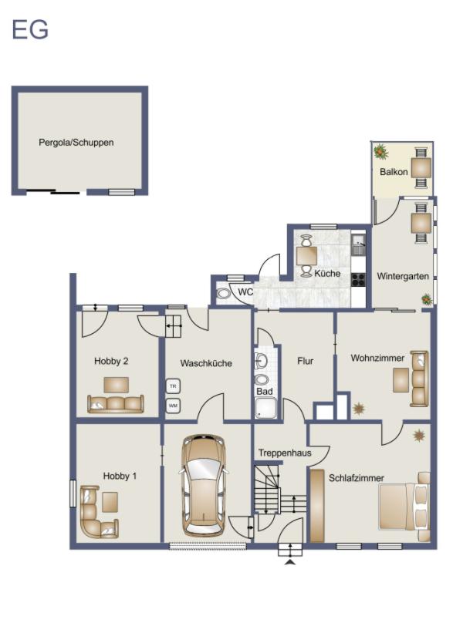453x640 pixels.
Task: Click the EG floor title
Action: pos(30,30)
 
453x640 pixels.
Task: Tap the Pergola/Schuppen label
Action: pos(76,143)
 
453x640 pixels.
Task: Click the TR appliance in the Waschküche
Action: pos(172,386)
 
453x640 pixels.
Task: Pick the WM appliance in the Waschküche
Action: pos(172,405)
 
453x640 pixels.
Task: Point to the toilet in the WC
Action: pos(224,293)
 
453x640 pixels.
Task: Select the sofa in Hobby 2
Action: pos(116,403)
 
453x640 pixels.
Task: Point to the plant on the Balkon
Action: pos(380,151)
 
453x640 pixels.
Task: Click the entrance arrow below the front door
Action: pos(290,563)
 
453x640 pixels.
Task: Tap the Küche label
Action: pos(327,274)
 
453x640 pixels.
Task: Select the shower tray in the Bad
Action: pos(265,409)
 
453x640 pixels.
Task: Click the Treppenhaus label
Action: pos(285,453)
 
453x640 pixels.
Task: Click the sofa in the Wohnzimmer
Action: pos(419,378)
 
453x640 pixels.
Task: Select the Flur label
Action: pos(305,361)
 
